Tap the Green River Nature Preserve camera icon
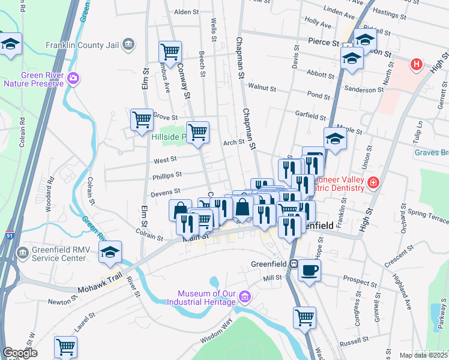(74, 78)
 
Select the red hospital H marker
(416, 64)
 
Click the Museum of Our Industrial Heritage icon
(244, 296)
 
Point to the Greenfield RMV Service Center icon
(23, 252)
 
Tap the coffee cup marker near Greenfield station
(310, 271)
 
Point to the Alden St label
(186, 12)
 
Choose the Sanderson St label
(364, 90)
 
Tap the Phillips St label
(167, 176)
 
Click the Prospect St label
(360, 280)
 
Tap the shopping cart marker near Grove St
(142, 120)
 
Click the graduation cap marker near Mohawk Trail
(110, 253)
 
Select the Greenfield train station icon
(294, 263)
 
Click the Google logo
(20, 353)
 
